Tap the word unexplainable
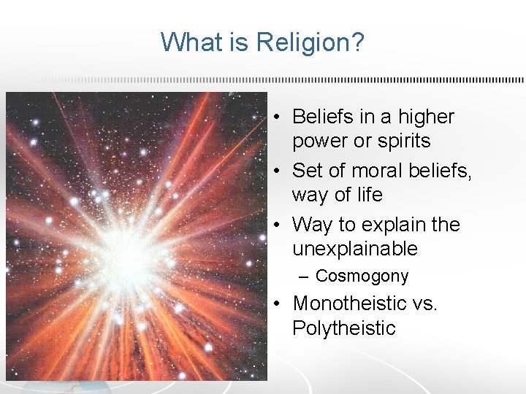354,249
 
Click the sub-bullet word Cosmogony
362,277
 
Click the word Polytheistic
343,328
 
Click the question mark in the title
356,42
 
